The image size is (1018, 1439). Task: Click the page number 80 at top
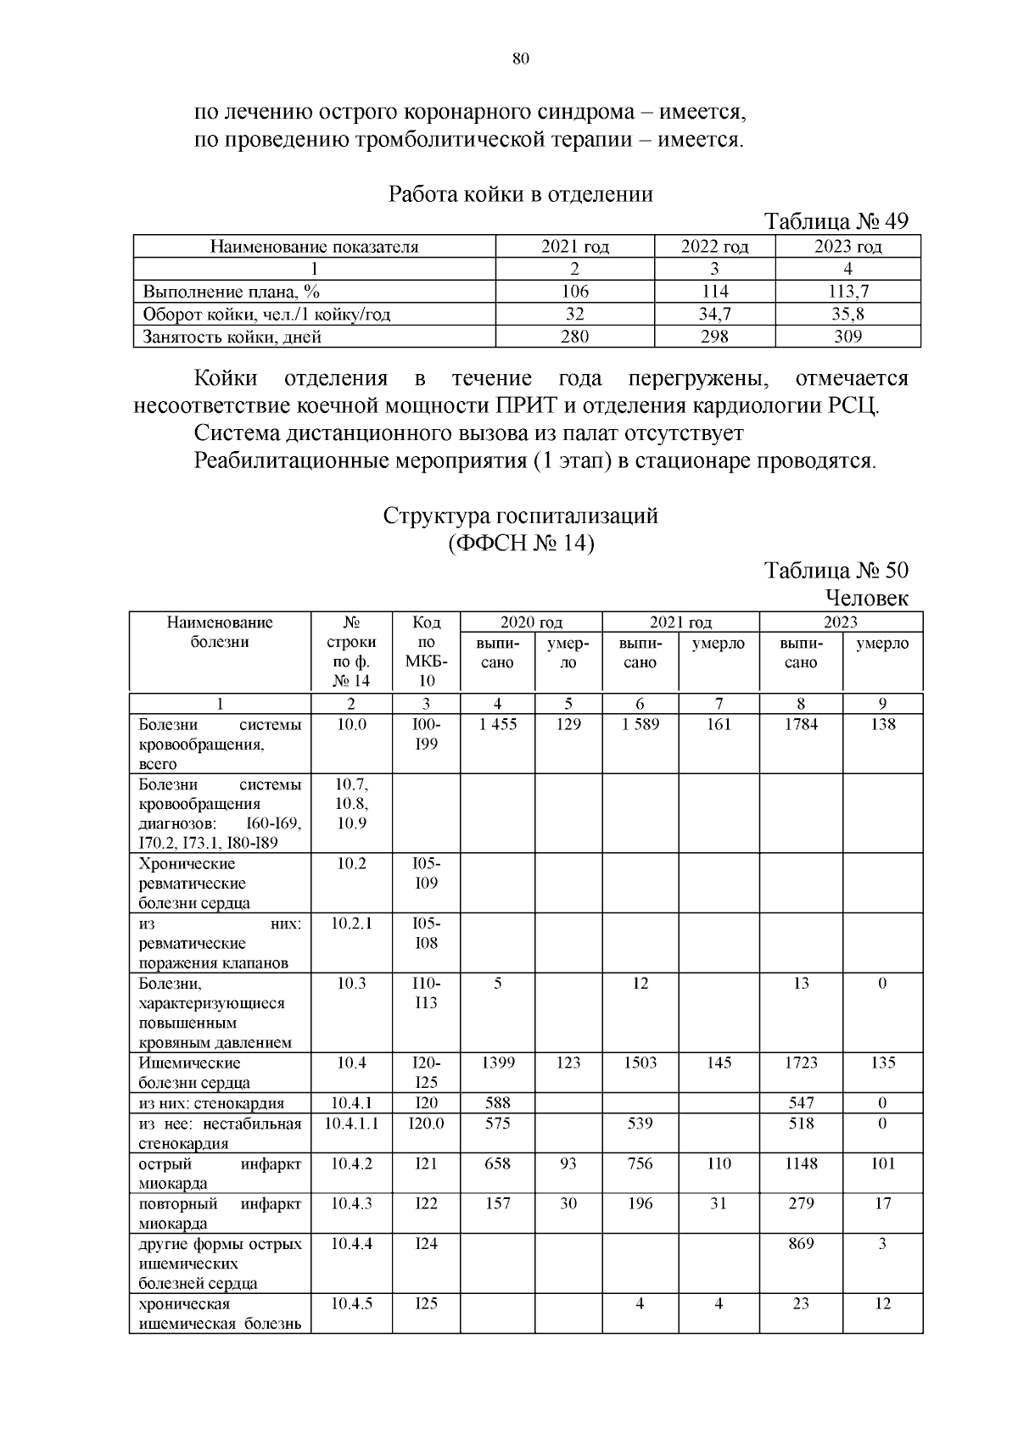click(521, 59)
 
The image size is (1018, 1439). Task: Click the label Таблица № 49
click(836, 221)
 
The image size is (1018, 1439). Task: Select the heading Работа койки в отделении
click(520, 194)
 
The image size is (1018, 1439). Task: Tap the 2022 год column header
click(714, 247)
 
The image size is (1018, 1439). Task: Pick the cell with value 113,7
click(847, 292)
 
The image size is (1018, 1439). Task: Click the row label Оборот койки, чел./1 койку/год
click(266, 315)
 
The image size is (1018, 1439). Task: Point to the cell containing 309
click(847, 337)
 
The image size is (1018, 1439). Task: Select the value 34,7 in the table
click(714, 315)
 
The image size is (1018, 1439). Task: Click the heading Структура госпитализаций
click(520, 516)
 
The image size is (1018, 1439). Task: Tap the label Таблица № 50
click(836, 570)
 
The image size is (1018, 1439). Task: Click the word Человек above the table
click(865, 598)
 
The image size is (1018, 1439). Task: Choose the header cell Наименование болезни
click(220, 633)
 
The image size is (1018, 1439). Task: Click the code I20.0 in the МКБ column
click(426, 1124)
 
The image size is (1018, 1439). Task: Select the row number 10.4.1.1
click(351, 1124)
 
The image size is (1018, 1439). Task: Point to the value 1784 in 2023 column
click(801, 725)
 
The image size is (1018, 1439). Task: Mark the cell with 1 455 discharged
click(497, 725)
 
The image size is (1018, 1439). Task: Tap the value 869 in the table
click(801, 1244)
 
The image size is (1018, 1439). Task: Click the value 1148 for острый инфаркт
click(801, 1164)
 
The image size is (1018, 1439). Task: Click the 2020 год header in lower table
click(531, 622)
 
